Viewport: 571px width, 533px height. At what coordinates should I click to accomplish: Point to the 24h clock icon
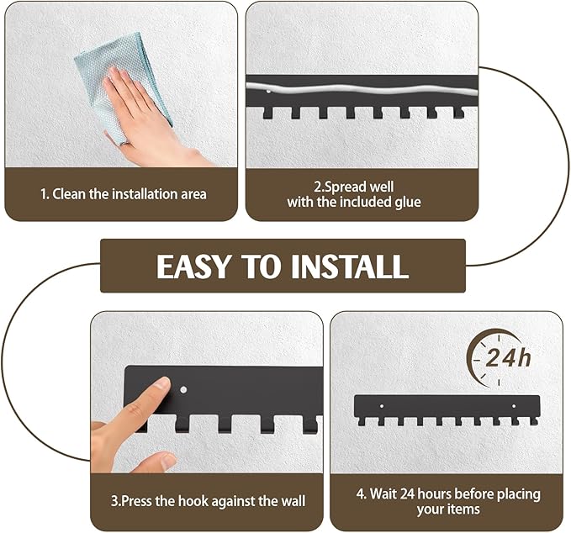501,357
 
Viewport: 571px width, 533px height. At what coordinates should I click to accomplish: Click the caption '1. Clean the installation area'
124,193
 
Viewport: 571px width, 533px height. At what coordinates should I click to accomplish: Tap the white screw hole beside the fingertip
183,389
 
